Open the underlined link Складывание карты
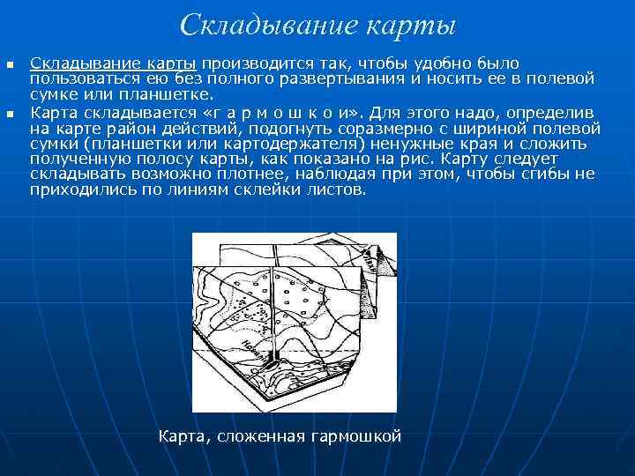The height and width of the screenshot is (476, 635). pyautogui.click(x=118, y=63)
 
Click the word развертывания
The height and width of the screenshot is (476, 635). pyautogui.click(x=343, y=78)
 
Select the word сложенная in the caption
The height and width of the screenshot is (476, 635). pyautogui.click(x=259, y=435)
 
